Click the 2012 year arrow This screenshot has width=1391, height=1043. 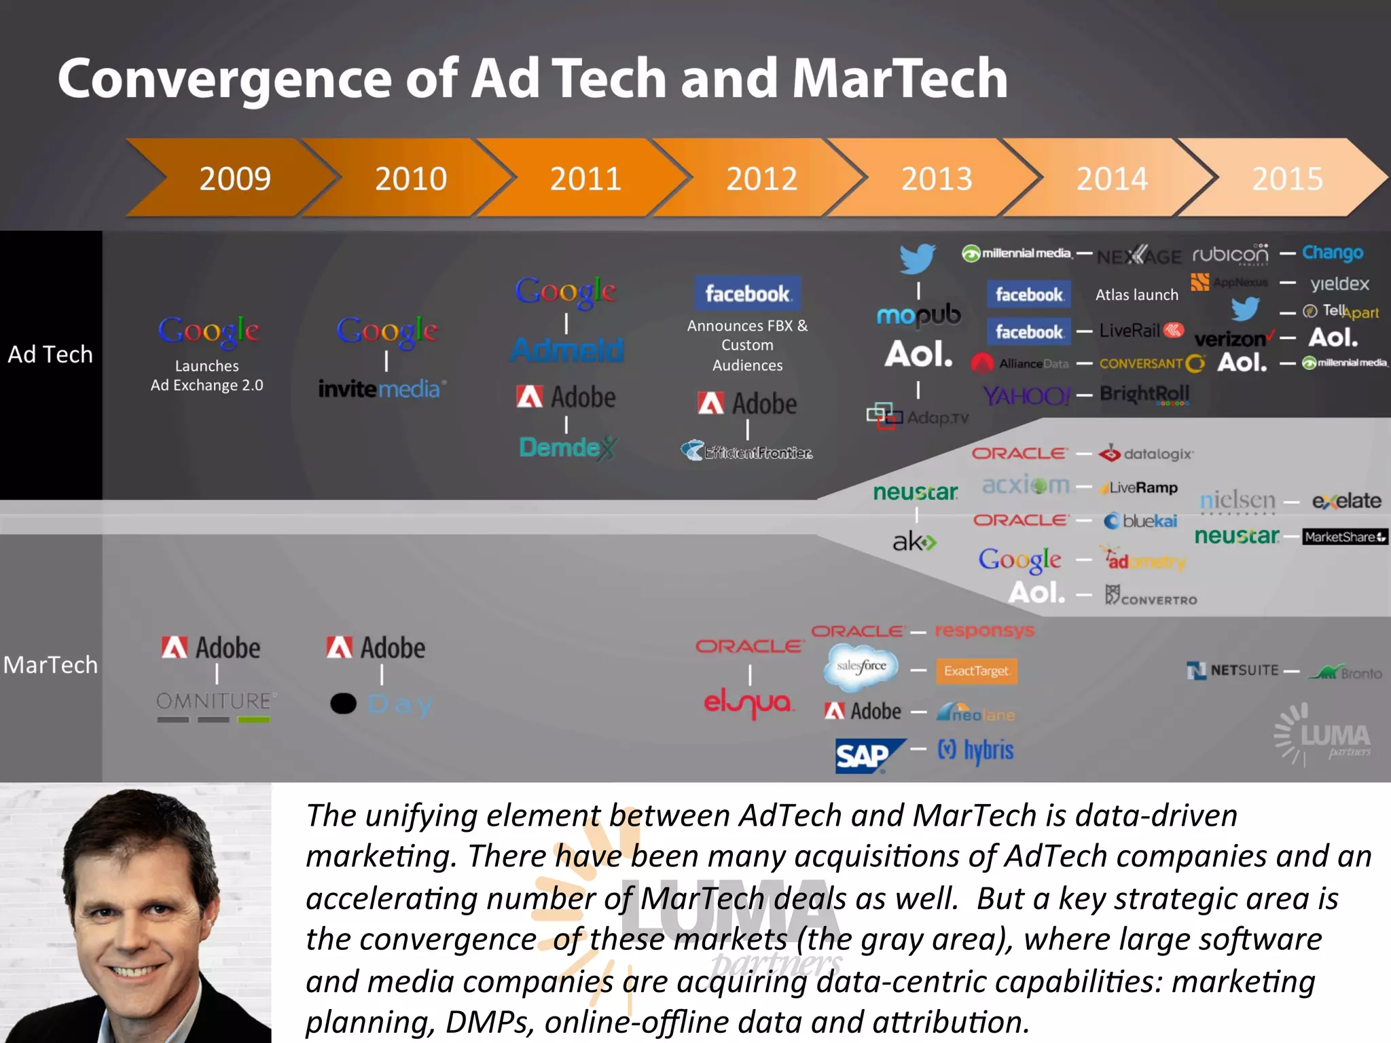[x=761, y=179]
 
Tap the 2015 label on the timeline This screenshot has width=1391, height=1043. [x=1287, y=179]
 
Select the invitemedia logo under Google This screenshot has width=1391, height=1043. [x=382, y=388]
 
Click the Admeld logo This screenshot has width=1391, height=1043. [x=566, y=350]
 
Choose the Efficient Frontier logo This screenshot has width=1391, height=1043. [x=747, y=452]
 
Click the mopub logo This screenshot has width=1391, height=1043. [x=918, y=314]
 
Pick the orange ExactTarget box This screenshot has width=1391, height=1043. [x=976, y=671]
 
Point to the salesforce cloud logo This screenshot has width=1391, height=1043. [x=861, y=667]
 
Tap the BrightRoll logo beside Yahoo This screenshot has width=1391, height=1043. [x=1144, y=394]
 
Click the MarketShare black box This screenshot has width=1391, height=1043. [x=1344, y=537]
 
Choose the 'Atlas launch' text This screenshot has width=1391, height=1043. [x=1136, y=295]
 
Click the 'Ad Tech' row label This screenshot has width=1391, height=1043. [x=50, y=354]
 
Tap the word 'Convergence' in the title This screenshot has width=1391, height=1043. [x=224, y=79]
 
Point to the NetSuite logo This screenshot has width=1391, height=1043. [x=1233, y=671]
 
